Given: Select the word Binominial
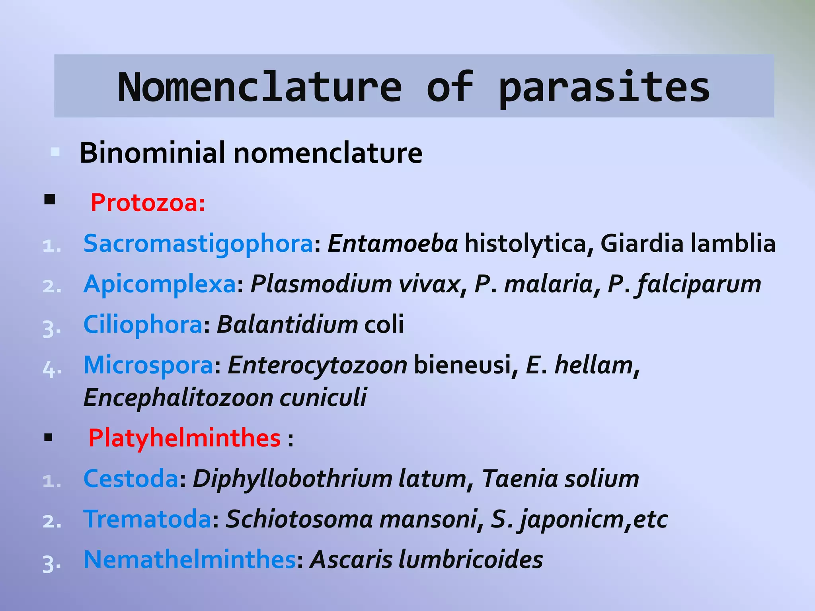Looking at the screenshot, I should tap(152, 153).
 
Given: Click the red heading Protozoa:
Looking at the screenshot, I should tap(148, 202).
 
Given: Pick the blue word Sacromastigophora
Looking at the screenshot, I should tap(198, 243).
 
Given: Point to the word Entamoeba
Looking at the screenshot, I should tap(392, 243).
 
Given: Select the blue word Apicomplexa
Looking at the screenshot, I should tap(160, 284).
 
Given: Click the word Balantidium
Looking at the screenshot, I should tap(287, 325).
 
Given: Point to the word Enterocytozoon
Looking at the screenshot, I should tap(317, 365).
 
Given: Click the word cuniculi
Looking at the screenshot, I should tap(323, 397).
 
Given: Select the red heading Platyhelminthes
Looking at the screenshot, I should tap(184, 438).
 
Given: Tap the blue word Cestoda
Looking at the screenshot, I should tap(131, 479).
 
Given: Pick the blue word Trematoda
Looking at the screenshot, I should tap(147, 519).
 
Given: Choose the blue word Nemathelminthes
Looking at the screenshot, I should tap(189, 560).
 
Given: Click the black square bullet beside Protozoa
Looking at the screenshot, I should tap(49, 199).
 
